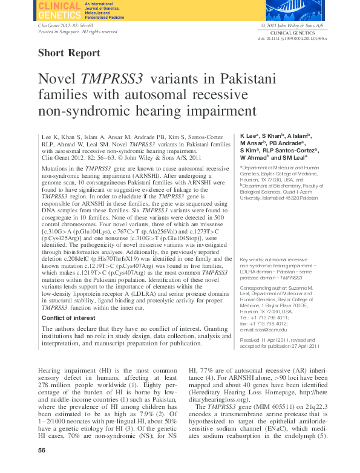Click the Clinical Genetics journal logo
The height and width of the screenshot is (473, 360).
click(59, 10)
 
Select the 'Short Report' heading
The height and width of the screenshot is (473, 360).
click(69, 53)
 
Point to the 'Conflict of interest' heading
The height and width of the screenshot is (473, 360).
click(68, 316)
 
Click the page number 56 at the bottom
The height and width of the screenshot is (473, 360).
click(42, 451)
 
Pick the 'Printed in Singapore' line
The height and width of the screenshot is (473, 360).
click(77, 31)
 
